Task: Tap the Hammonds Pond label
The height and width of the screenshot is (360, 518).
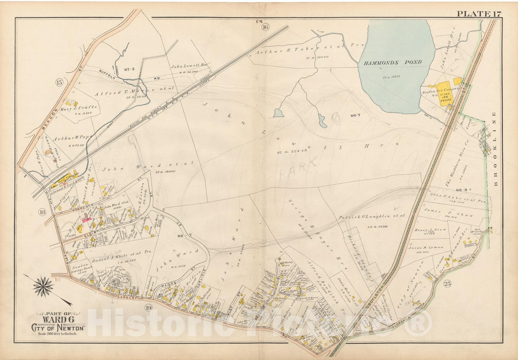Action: [392, 62]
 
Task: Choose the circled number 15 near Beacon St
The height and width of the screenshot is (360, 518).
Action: [59, 82]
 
